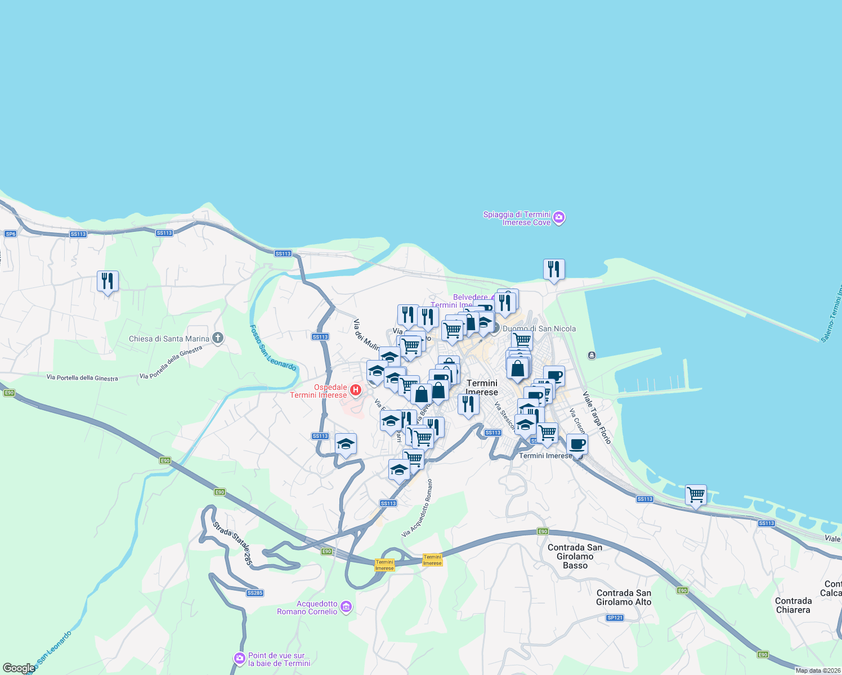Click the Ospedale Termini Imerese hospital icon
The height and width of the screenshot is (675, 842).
point(355,389)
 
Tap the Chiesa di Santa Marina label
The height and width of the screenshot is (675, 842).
point(169,339)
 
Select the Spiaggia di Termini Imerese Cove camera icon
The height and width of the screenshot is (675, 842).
point(559,218)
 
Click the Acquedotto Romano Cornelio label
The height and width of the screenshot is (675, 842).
point(307,607)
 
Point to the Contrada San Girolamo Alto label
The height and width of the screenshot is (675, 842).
point(624,597)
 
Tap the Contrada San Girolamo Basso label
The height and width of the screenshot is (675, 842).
point(575,556)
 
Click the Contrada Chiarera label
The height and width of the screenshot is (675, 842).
point(793,605)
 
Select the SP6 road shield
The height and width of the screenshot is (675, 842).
point(10,233)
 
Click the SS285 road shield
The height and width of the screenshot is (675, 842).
point(255,593)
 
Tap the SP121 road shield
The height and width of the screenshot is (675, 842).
point(615,618)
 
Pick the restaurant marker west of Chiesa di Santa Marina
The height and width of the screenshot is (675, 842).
point(108,281)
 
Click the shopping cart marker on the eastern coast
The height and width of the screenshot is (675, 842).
point(696,495)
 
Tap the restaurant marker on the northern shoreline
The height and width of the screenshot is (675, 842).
point(554,269)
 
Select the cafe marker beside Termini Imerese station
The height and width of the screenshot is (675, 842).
point(577,444)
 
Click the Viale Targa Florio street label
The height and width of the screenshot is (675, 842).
point(597,417)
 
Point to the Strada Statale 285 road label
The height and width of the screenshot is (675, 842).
point(232,543)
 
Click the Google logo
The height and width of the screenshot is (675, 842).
point(19,668)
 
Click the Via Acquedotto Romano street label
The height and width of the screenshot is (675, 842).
point(418,507)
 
